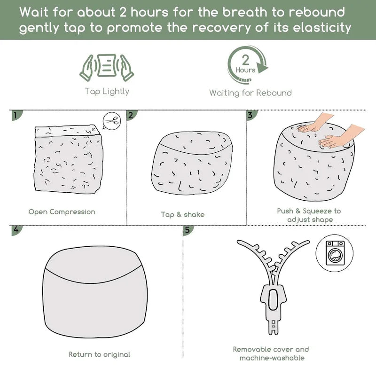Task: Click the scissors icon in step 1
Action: (x=112, y=121)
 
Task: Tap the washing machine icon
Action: (x=335, y=253)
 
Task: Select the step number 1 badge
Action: (x=16, y=115)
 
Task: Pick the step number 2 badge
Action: (x=132, y=115)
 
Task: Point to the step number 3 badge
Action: (x=251, y=115)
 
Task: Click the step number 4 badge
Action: (x=16, y=230)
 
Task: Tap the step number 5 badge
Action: (x=188, y=230)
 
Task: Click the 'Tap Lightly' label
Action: (x=107, y=92)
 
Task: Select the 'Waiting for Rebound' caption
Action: (x=251, y=93)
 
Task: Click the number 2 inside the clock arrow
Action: (x=245, y=60)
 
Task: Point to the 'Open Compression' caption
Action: (x=62, y=212)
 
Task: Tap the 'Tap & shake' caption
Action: (x=183, y=214)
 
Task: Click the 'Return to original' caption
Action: (x=99, y=354)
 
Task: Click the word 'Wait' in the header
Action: (x=34, y=12)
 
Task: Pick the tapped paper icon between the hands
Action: (x=107, y=65)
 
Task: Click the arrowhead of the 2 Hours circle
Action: (x=262, y=68)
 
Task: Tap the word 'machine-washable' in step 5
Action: (x=272, y=358)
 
